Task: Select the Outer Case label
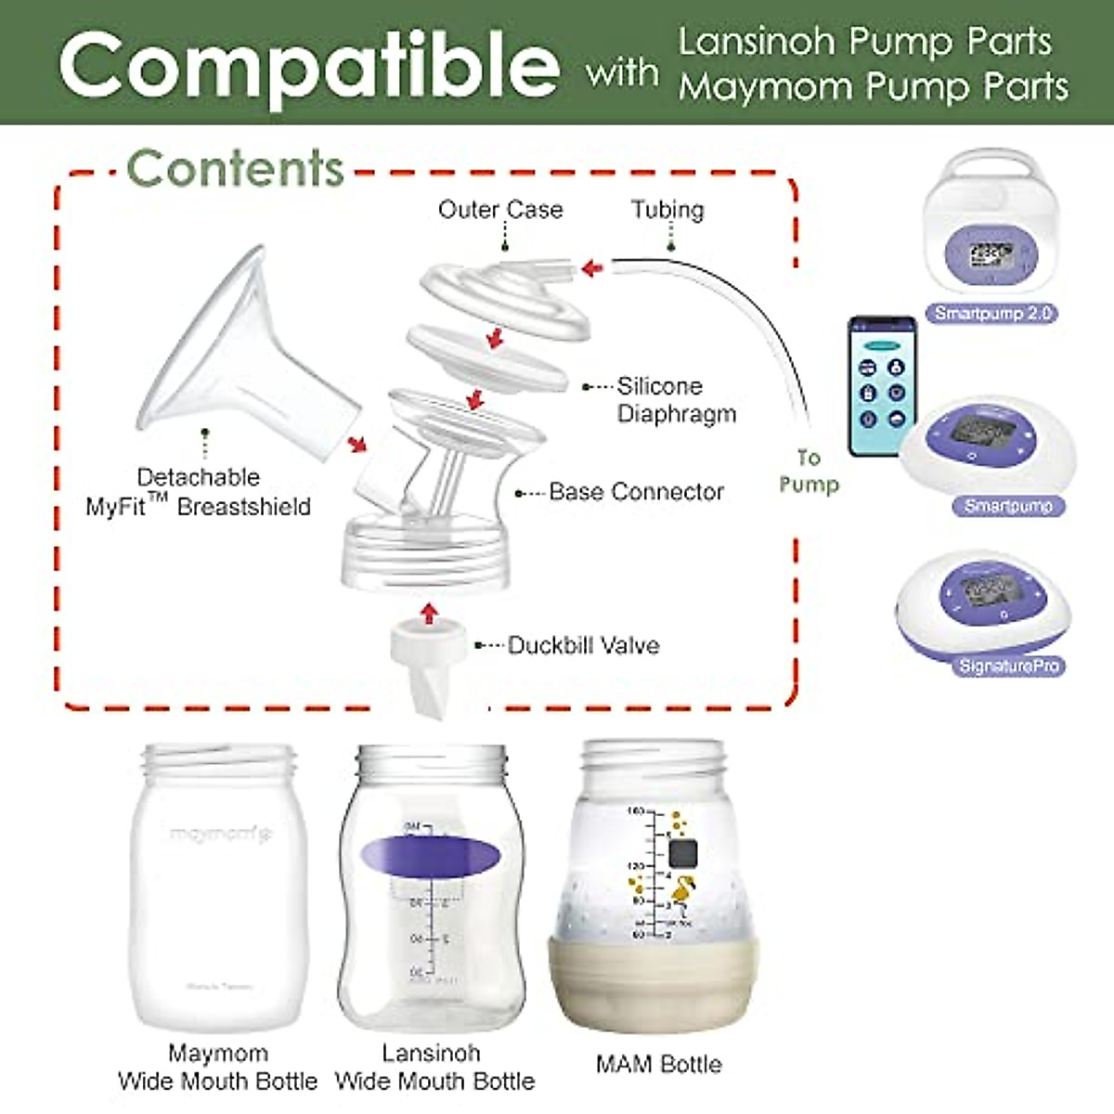(x=500, y=210)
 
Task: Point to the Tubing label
(x=667, y=210)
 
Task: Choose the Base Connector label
(x=636, y=492)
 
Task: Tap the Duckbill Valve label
(x=583, y=645)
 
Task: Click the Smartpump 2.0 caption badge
(x=992, y=314)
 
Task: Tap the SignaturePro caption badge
(x=1008, y=666)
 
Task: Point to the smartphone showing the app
(x=881, y=385)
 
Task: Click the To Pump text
(x=809, y=471)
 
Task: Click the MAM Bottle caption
(x=658, y=1064)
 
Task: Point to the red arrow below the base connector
(x=428, y=613)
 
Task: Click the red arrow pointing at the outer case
(x=591, y=268)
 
